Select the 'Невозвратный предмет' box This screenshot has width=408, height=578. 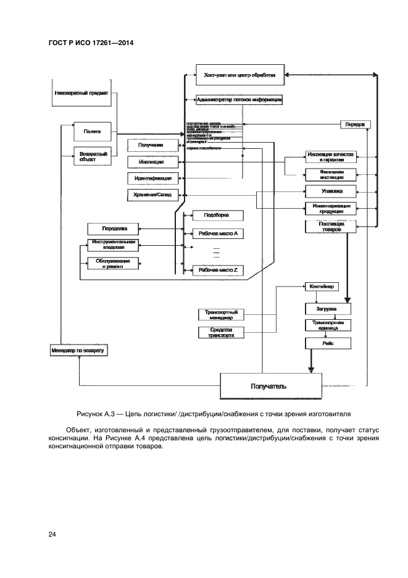click(x=81, y=94)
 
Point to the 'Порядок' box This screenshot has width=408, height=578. click(x=356, y=124)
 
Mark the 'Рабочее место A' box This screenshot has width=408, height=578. click(x=219, y=234)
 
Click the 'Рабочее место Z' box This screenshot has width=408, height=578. click(x=219, y=270)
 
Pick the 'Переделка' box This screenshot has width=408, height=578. click(x=111, y=228)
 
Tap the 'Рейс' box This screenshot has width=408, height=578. click(x=328, y=343)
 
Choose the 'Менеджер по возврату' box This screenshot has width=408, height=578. click(x=78, y=351)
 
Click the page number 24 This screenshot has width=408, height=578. click(x=52, y=534)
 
